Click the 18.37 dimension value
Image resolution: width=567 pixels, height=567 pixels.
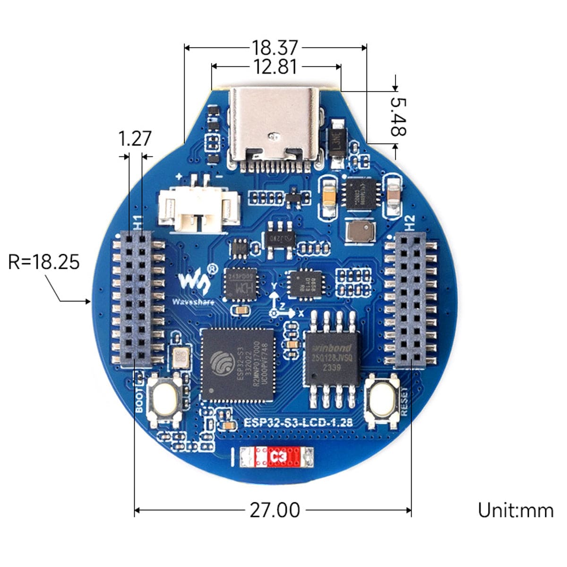pos(275,48)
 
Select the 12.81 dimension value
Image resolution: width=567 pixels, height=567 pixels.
pos(275,67)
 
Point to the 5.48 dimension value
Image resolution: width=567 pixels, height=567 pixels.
pos(398,116)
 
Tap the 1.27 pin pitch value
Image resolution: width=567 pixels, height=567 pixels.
pos(135,139)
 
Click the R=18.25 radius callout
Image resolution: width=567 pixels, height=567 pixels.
pos(44,261)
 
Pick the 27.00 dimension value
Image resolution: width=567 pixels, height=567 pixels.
pos(275,510)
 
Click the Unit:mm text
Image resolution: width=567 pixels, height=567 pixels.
pos(515,511)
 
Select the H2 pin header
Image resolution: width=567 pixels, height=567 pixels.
pos(410,300)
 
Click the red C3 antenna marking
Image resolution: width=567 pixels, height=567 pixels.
pos(276,457)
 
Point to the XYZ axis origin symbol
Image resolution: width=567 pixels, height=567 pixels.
pos(273,313)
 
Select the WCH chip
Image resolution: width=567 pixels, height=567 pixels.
pos(241,284)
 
